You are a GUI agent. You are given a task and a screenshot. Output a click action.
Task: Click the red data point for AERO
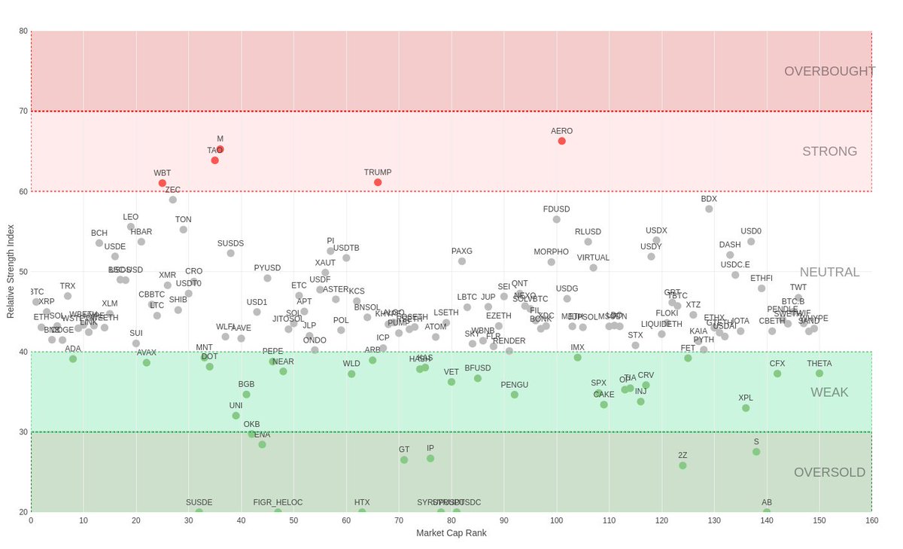pos(561,141)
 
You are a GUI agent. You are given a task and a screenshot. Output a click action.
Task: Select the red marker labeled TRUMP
pos(378,182)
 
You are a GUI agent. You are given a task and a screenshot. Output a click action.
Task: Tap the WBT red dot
pos(163,183)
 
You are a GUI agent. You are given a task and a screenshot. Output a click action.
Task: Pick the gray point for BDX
pos(709,209)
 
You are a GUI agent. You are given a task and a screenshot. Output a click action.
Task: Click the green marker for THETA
pos(819,374)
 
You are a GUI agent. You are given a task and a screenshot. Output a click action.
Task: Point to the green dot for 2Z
pos(683,465)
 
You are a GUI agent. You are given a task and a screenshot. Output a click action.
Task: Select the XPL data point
pos(746,408)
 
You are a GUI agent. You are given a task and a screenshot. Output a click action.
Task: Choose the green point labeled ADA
pos(73,358)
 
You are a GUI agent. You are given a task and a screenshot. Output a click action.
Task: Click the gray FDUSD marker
pos(557,219)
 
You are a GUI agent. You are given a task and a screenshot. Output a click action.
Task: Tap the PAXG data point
pos(462,261)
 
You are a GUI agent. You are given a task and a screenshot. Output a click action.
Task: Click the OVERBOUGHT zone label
pos(829,71)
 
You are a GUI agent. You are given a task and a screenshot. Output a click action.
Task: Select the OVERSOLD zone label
pos(829,472)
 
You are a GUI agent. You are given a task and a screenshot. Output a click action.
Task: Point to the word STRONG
pos(829,151)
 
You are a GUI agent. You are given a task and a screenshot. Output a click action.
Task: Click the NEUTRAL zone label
pos(829,272)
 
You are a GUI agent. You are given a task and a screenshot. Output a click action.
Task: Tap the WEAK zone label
pos(829,392)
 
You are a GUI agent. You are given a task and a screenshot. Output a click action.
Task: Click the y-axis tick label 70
pos(23,111)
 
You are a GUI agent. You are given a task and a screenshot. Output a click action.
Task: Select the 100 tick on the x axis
pos(557,520)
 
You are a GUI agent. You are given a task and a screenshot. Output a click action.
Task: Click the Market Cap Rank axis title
pos(451,533)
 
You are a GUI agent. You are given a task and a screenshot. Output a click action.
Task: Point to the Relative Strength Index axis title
pos(11,271)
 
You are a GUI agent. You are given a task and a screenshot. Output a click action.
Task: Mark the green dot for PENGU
pos(515,395)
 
